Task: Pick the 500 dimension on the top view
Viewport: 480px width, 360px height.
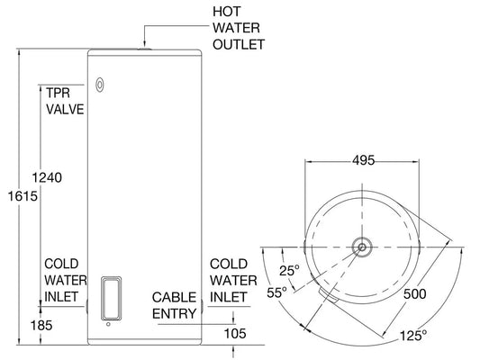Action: (x=416, y=294)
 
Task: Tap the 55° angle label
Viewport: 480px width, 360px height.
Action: (x=276, y=292)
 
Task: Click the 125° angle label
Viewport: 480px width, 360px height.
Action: (x=412, y=335)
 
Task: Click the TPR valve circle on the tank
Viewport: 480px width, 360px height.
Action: (x=100, y=87)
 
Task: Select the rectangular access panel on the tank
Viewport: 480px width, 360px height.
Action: (x=109, y=298)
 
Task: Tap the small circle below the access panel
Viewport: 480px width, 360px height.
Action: (x=108, y=326)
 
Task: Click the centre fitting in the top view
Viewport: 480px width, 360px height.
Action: (x=361, y=246)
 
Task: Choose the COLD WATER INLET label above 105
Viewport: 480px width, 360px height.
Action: (x=229, y=280)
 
